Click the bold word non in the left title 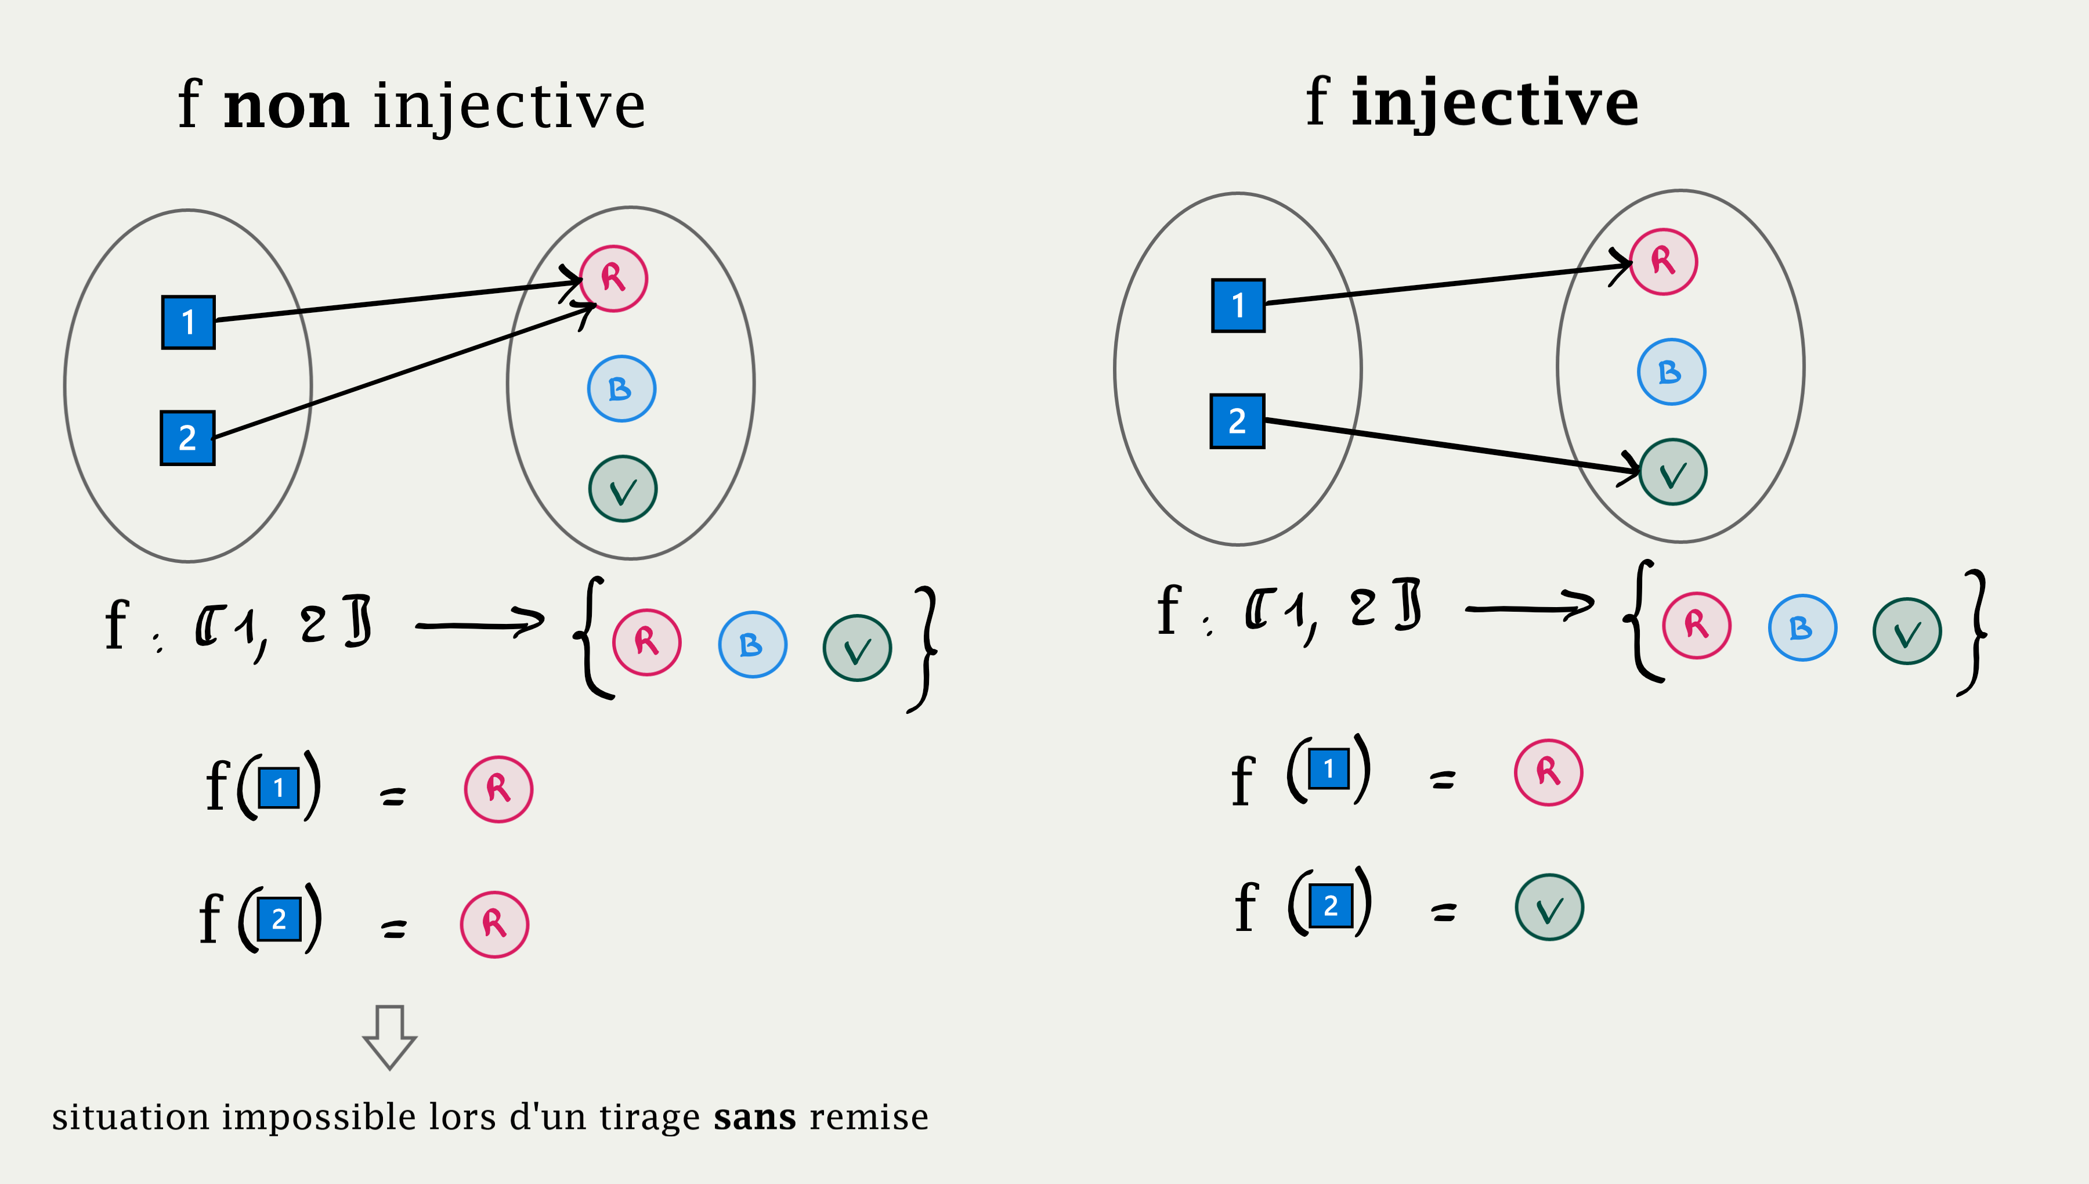[x=286, y=107]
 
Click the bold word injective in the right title [x=1494, y=103]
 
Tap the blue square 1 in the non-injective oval [x=189, y=322]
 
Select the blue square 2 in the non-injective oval [x=188, y=438]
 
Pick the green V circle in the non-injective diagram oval [x=623, y=489]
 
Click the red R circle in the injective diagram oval [x=1663, y=261]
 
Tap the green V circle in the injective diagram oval [x=1673, y=472]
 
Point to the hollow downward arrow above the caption [x=389, y=1037]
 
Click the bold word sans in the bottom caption [x=754, y=1117]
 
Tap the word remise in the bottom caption [x=869, y=1117]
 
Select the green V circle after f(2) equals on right [x=1549, y=908]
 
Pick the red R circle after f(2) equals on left [x=494, y=925]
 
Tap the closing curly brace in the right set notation [x=1974, y=633]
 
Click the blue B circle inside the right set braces [x=1802, y=628]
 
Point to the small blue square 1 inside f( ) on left [x=279, y=787]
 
